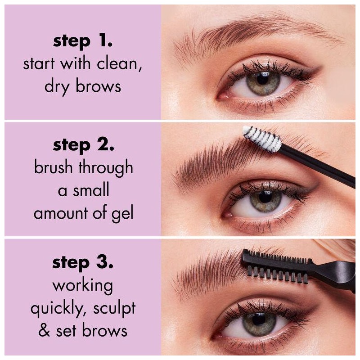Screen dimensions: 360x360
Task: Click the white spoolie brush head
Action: tap(262, 138)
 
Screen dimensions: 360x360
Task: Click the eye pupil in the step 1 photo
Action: tap(263, 81)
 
